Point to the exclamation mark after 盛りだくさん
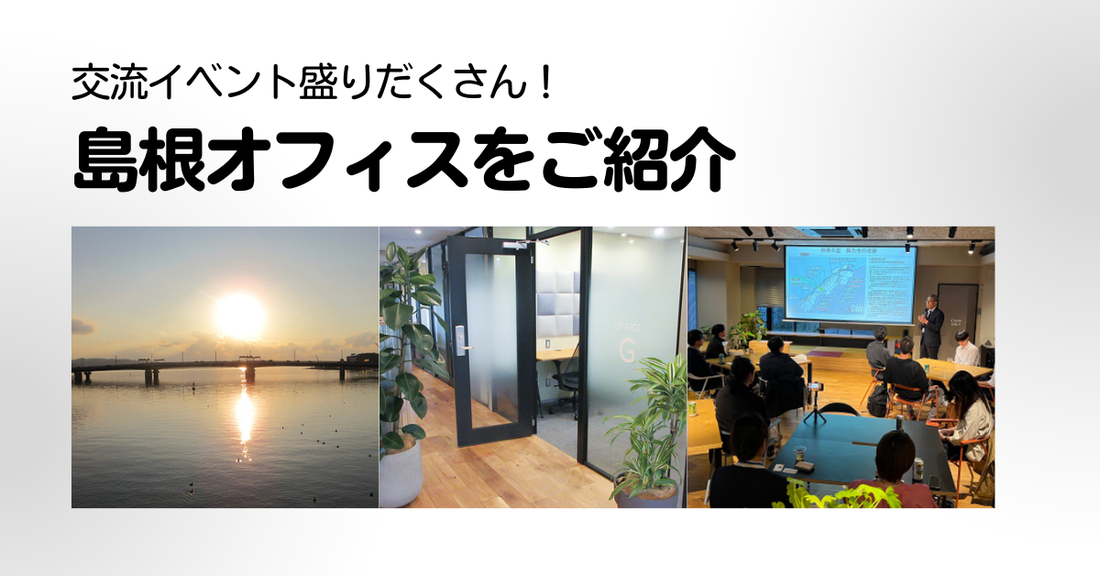543,85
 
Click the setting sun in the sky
240,315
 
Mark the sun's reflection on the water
245,417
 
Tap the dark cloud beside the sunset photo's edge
82,327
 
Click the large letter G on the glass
628,349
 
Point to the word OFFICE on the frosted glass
629,326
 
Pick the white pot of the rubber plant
400,473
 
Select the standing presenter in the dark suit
930,325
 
